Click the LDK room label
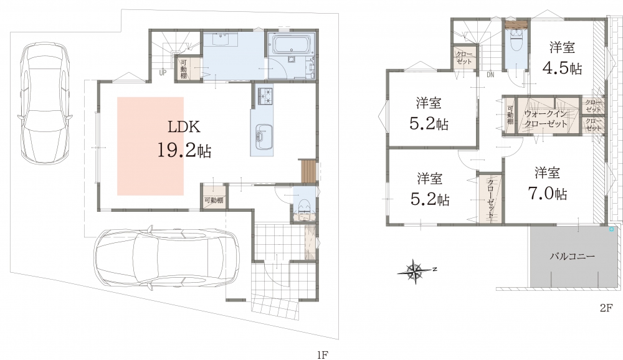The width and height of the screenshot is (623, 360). [x=184, y=127]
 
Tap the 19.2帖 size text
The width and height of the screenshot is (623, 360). [x=184, y=151]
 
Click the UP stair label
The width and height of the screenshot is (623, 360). [x=163, y=73]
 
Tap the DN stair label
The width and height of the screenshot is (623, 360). [x=490, y=75]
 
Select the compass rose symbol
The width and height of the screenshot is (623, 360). [x=416, y=271]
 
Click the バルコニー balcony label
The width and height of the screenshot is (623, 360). [x=572, y=256]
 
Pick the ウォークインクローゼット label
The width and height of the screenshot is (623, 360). [x=546, y=119]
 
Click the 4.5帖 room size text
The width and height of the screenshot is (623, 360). [x=562, y=68]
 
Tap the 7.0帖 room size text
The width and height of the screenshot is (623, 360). [x=547, y=194]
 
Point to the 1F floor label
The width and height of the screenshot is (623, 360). [x=323, y=354]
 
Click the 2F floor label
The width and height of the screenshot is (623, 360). [x=607, y=308]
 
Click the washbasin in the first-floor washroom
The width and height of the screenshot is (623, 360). [x=221, y=40]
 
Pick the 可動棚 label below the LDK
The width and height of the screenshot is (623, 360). [x=214, y=201]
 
